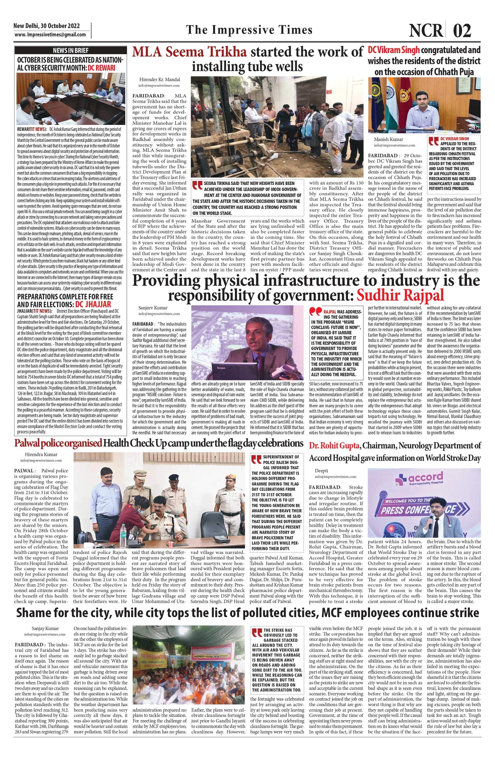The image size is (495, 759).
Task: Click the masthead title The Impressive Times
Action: (x=249, y=30)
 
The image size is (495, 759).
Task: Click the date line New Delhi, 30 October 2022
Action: (x=47, y=26)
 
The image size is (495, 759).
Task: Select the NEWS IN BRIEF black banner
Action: (x=71, y=50)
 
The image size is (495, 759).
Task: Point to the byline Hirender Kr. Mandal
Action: (x=160, y=79)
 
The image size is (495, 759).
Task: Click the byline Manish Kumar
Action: (x=389, y=139)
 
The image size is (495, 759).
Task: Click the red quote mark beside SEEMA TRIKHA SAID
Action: (x=197, y=186)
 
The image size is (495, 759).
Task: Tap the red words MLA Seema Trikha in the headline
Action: (x=189, y=52)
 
